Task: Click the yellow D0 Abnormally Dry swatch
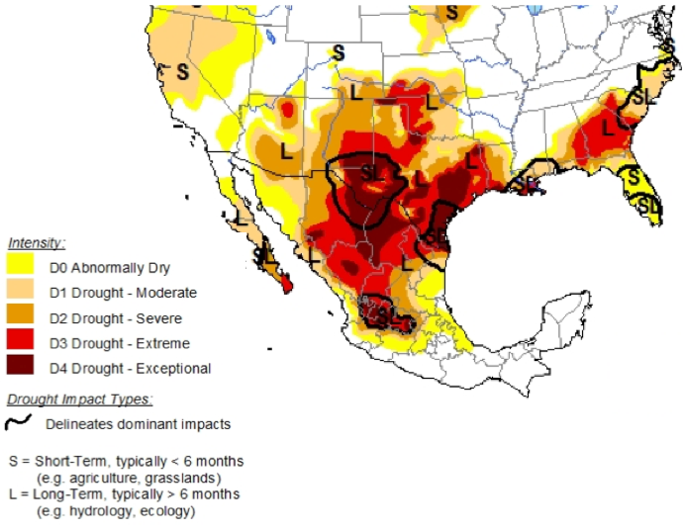point(20,266)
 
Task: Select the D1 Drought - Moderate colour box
point(20,292)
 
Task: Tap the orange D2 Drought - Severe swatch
point(20,317)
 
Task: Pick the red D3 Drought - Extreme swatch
point(20,343)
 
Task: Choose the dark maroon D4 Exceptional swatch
point(20,369)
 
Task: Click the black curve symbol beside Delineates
point(19,424)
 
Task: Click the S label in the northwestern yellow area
point(182,71)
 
